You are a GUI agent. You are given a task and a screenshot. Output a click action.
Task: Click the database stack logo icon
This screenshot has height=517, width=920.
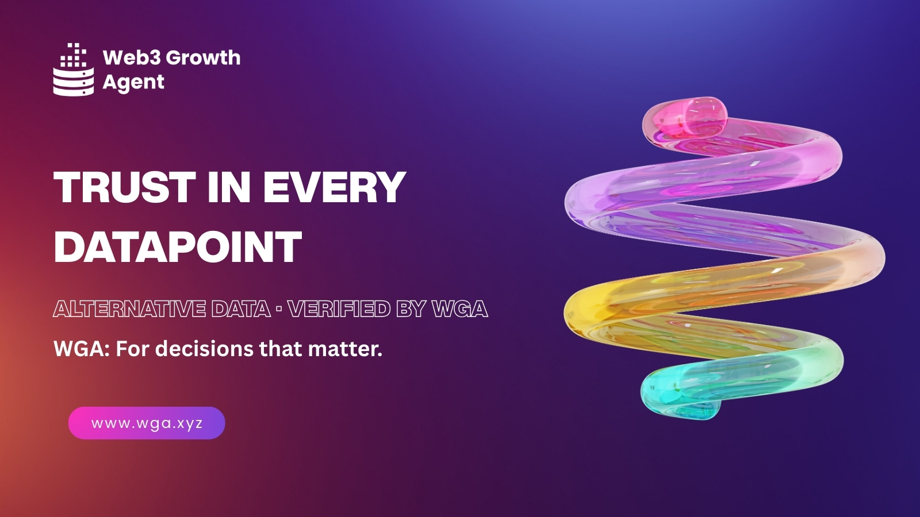point(74,70)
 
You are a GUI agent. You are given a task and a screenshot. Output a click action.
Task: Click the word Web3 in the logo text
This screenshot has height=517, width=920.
point(132,57)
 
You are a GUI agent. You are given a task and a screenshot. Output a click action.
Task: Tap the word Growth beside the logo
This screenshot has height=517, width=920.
point(204,57)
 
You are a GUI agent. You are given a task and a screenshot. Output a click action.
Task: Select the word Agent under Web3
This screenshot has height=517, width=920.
point(133,82)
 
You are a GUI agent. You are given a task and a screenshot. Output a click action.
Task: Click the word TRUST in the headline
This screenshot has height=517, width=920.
point(125,187)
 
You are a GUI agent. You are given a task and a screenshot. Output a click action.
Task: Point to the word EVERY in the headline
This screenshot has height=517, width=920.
point(334,187)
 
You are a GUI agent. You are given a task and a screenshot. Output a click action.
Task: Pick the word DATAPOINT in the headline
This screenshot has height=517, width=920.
point(178,246)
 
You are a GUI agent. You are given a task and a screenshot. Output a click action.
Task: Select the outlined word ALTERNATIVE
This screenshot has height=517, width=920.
point(129,309)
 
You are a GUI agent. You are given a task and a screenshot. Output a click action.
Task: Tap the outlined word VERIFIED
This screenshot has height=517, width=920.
point(339,309)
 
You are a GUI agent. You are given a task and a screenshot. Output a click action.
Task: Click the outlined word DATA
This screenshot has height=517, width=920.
point(241,309)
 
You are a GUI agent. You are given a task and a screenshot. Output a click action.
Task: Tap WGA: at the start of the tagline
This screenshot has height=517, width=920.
point(82,349)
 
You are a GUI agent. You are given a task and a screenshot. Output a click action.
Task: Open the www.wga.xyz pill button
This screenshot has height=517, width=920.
point(147,423)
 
